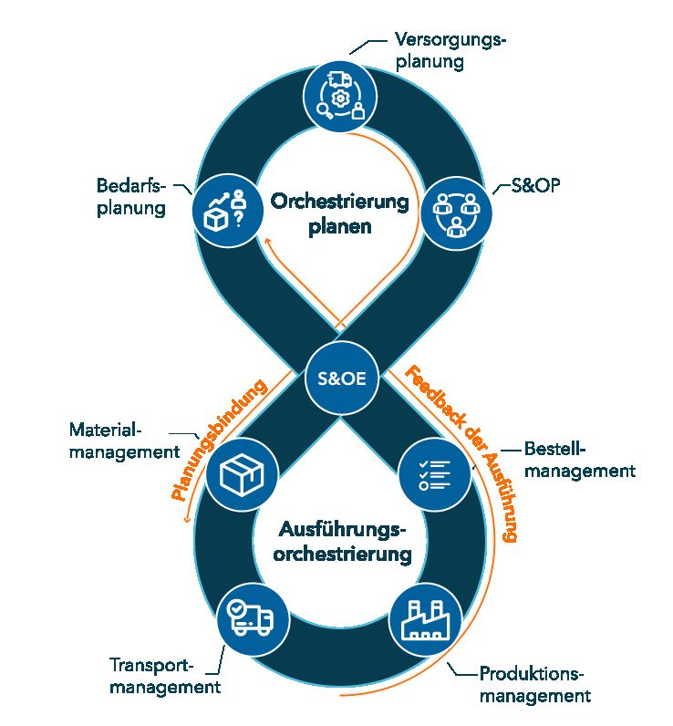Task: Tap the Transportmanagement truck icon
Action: [253, 619]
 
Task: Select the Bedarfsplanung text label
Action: [130, 197]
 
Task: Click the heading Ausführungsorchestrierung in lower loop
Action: [340, 542]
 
